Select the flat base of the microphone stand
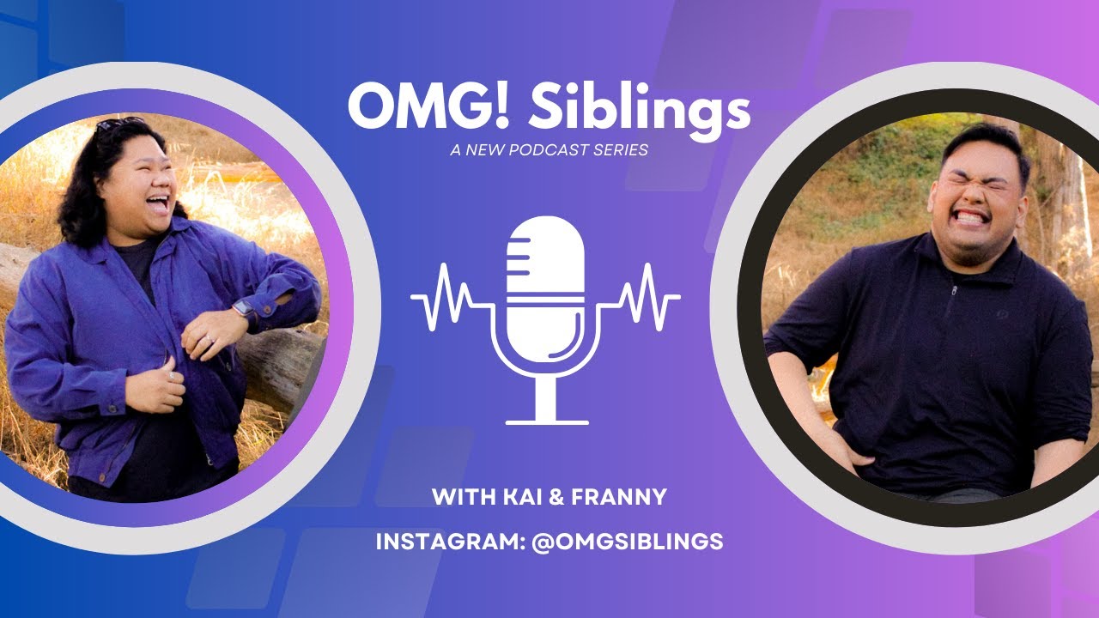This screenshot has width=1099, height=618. tap(547, 421)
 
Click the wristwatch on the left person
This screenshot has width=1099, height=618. tap(244, 309)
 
